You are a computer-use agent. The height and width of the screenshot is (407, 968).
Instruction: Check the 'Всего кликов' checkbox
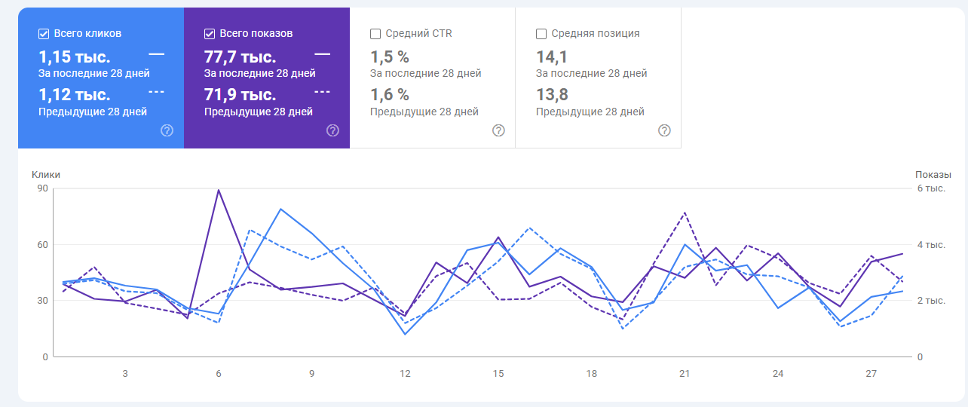44,34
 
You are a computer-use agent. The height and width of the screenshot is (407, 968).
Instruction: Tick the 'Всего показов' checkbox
210,34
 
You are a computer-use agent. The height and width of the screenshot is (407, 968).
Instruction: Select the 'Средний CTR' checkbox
375,34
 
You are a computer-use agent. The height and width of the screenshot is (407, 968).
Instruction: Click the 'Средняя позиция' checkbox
541,34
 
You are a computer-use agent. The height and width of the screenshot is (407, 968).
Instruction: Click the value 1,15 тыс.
74,57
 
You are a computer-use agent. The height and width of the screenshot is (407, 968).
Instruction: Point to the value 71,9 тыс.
240,95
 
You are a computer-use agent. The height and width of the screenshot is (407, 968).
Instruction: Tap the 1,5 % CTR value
390,57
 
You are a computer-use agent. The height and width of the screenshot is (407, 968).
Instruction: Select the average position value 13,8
552,95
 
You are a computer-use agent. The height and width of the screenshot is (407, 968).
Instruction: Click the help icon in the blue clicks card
167,130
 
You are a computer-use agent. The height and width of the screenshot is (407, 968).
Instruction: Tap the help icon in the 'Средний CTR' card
498,130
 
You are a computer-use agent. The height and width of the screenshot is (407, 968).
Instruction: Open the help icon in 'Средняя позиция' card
664,130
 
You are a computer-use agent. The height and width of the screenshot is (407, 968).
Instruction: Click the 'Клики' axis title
46,175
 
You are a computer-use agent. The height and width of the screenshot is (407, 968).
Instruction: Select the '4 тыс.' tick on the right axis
930,245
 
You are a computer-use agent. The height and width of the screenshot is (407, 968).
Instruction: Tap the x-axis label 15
498,374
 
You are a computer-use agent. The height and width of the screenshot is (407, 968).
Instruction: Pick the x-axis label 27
871,374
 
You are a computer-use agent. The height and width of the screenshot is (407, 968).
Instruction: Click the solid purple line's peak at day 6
219,190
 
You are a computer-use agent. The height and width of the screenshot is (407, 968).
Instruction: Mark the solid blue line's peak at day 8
280,209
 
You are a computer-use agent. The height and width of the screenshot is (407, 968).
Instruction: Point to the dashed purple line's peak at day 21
685,213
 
